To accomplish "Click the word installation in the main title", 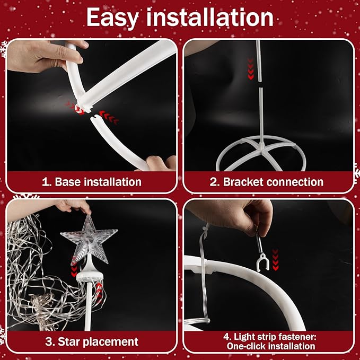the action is click(210, 17).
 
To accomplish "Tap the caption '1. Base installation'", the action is click(92, 182).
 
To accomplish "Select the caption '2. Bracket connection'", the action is click(267, 182).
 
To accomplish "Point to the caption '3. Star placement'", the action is click(92, 341).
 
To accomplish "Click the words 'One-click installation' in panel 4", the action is click(271, 346).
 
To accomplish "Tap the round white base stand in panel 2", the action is click(261, 153).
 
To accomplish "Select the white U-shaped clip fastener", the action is click(262, 262).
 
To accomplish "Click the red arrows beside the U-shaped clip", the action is click(275, 260).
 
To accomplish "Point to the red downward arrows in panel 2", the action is click(250, 69).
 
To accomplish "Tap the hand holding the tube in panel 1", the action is click(46, 56).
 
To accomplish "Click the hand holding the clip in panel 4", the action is click(232, 215).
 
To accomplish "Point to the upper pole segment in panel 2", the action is click(259, 61).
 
